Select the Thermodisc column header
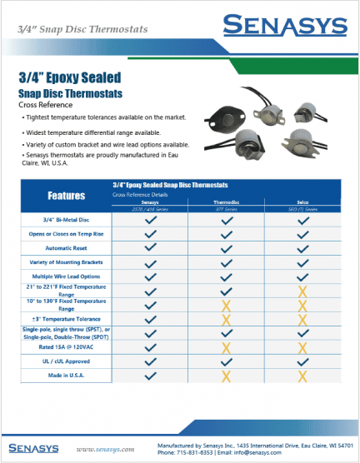(226, 202)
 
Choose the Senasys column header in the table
(150, 202)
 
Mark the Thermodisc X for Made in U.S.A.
(226, 376)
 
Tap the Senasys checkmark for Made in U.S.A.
(150, 376)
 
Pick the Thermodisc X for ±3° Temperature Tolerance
(226, 319)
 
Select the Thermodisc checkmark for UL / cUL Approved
(226, 361)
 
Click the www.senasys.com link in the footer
(105, 449)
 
